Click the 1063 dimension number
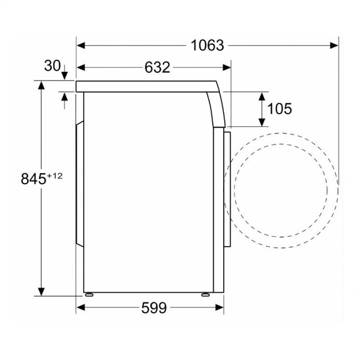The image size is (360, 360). pyautogui.click(x=207, y=45)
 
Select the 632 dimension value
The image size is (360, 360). pyautogui.click(x=157, y=67)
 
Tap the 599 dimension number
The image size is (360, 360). pyautogui.click(x=154, y=308)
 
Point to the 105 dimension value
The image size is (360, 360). pyautogui.click(x=279, y=108)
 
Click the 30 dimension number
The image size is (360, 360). pyautogui.click(x=52, y=66)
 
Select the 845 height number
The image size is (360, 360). pyautogui.click(x=33, y=179)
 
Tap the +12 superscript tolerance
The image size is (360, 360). pyautogui.click(x=54, y=176)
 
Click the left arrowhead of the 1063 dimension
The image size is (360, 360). pyautogui.click(x=81, y=45)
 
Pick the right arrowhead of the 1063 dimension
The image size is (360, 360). pyautogui.click(x=334, y=45)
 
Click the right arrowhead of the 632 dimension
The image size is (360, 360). pyautogui.click(x=226, y=67)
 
